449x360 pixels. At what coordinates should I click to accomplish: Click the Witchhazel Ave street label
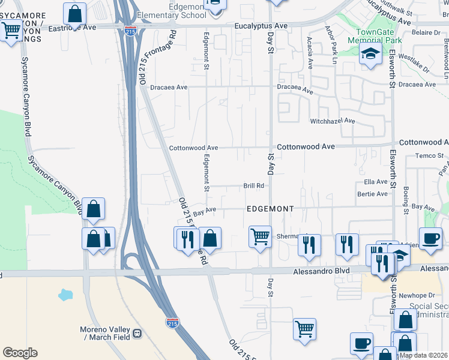tap(333, 121)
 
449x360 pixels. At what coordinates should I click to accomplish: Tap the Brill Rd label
tap(253, 186)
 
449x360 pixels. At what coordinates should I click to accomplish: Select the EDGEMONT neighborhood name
tap(270, 209)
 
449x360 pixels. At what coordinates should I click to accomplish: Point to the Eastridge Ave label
tap(72, 28)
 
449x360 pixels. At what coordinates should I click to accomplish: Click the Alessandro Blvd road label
tap(321, 271)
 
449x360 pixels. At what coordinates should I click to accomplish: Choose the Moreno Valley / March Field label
tap(105, 333)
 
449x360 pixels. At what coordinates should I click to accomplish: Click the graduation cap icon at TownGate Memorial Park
tap(370, 55)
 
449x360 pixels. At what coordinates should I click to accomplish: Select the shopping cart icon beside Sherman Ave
tap(260, 236)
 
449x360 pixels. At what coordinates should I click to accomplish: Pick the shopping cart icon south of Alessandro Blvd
tap(304, 329)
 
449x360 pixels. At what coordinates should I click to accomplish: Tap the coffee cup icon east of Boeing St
tap(430, 238)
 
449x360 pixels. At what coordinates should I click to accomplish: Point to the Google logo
tap(20, 353)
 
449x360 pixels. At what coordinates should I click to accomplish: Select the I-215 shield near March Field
tap(172, 323)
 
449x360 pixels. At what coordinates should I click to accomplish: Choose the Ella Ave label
tap(376, 182)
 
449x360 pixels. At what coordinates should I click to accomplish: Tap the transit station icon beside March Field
tap(137, 334)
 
